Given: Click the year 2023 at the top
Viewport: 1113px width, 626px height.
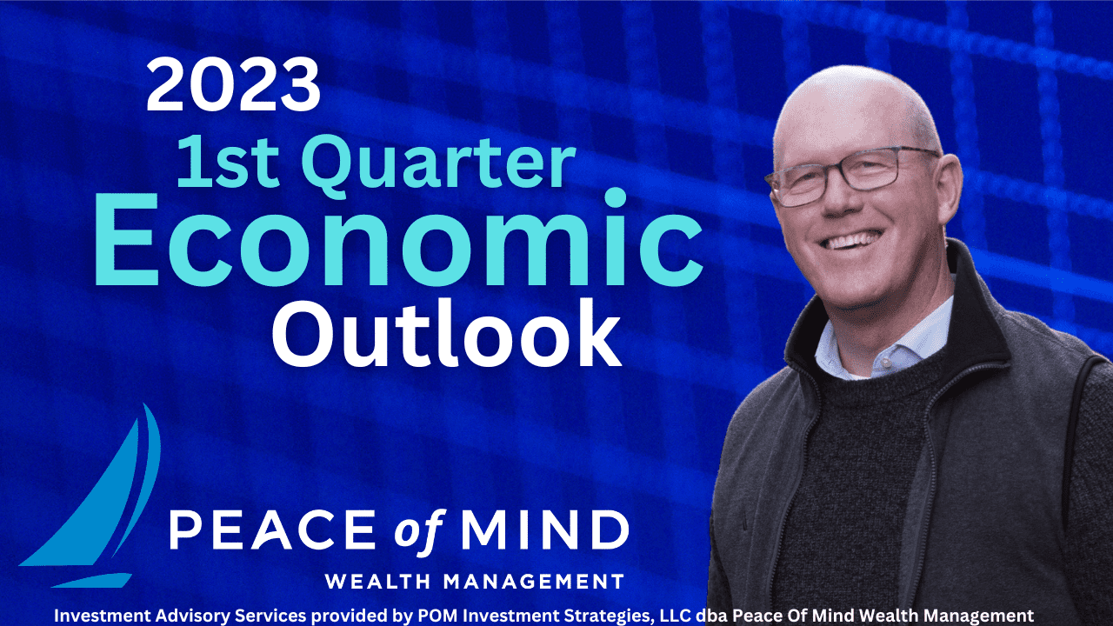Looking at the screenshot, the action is [x=233, y=84].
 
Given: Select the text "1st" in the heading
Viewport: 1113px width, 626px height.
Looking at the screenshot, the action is [x=227, y=163].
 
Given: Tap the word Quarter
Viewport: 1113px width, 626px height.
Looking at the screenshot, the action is [x=438, y=166].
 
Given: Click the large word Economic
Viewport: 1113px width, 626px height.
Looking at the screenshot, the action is [x=398, y=239].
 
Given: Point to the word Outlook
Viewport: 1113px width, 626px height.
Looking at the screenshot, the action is [x=446, y=333].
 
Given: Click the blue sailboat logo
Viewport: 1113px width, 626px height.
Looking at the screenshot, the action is [x=90, y=496].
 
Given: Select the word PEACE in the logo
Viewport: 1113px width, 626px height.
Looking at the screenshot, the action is [x=272, y=529].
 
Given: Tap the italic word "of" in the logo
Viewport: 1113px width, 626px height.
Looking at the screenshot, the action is [x=418, y=529].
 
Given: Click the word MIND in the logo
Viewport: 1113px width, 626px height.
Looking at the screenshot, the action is [x=545, y=529].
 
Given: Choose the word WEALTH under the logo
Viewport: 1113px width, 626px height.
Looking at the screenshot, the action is [x=378, y=582].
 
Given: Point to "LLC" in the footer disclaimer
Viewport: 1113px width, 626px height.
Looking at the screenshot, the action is [x=676, y=616].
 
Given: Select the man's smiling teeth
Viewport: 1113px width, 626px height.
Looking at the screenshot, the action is [x=851, y=241].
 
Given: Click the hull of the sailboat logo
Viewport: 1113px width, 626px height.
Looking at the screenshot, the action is [x=91, y=580].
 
